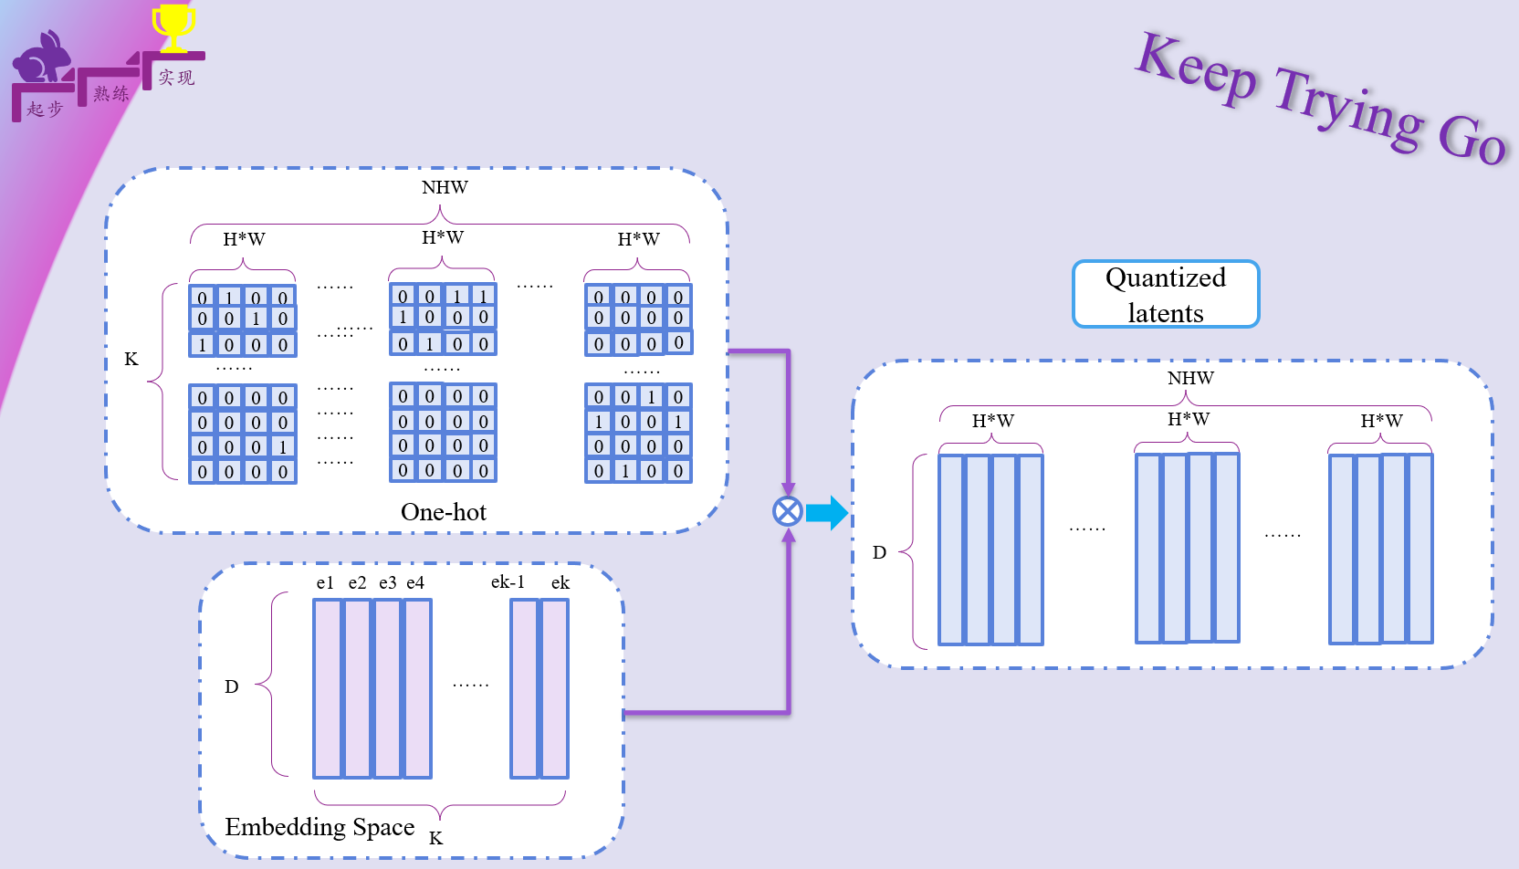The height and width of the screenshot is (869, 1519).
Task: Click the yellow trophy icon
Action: (173, 26)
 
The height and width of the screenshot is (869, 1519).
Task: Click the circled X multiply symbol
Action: (788, 511)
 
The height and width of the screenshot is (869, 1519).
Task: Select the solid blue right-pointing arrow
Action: (827, 512)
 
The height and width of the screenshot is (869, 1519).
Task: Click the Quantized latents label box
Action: (1166, 294)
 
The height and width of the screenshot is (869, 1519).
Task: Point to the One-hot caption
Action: (444, 512)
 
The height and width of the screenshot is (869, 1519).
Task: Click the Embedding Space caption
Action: (320, 827)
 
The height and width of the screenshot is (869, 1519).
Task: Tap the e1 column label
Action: (325, 582)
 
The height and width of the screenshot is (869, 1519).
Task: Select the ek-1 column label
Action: (508, 582)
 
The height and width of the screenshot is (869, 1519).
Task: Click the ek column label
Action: (560, 582)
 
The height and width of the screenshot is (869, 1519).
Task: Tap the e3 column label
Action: (388, 582)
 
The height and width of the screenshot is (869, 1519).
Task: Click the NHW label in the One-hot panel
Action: (445, 187)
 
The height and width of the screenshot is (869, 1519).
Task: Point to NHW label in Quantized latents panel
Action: (1190, 378)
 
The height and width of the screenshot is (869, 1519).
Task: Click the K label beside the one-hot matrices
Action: (131, 359)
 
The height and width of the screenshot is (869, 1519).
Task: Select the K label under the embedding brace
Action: (435, 838)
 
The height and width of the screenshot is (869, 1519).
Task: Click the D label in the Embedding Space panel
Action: (232, 686)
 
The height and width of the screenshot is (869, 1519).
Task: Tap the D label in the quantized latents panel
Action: (879, 552)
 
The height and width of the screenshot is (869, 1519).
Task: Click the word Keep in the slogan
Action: (1197, 68)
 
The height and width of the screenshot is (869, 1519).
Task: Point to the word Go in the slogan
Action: (1472, 140)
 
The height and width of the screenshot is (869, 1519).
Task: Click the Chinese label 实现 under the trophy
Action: (176, 78)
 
